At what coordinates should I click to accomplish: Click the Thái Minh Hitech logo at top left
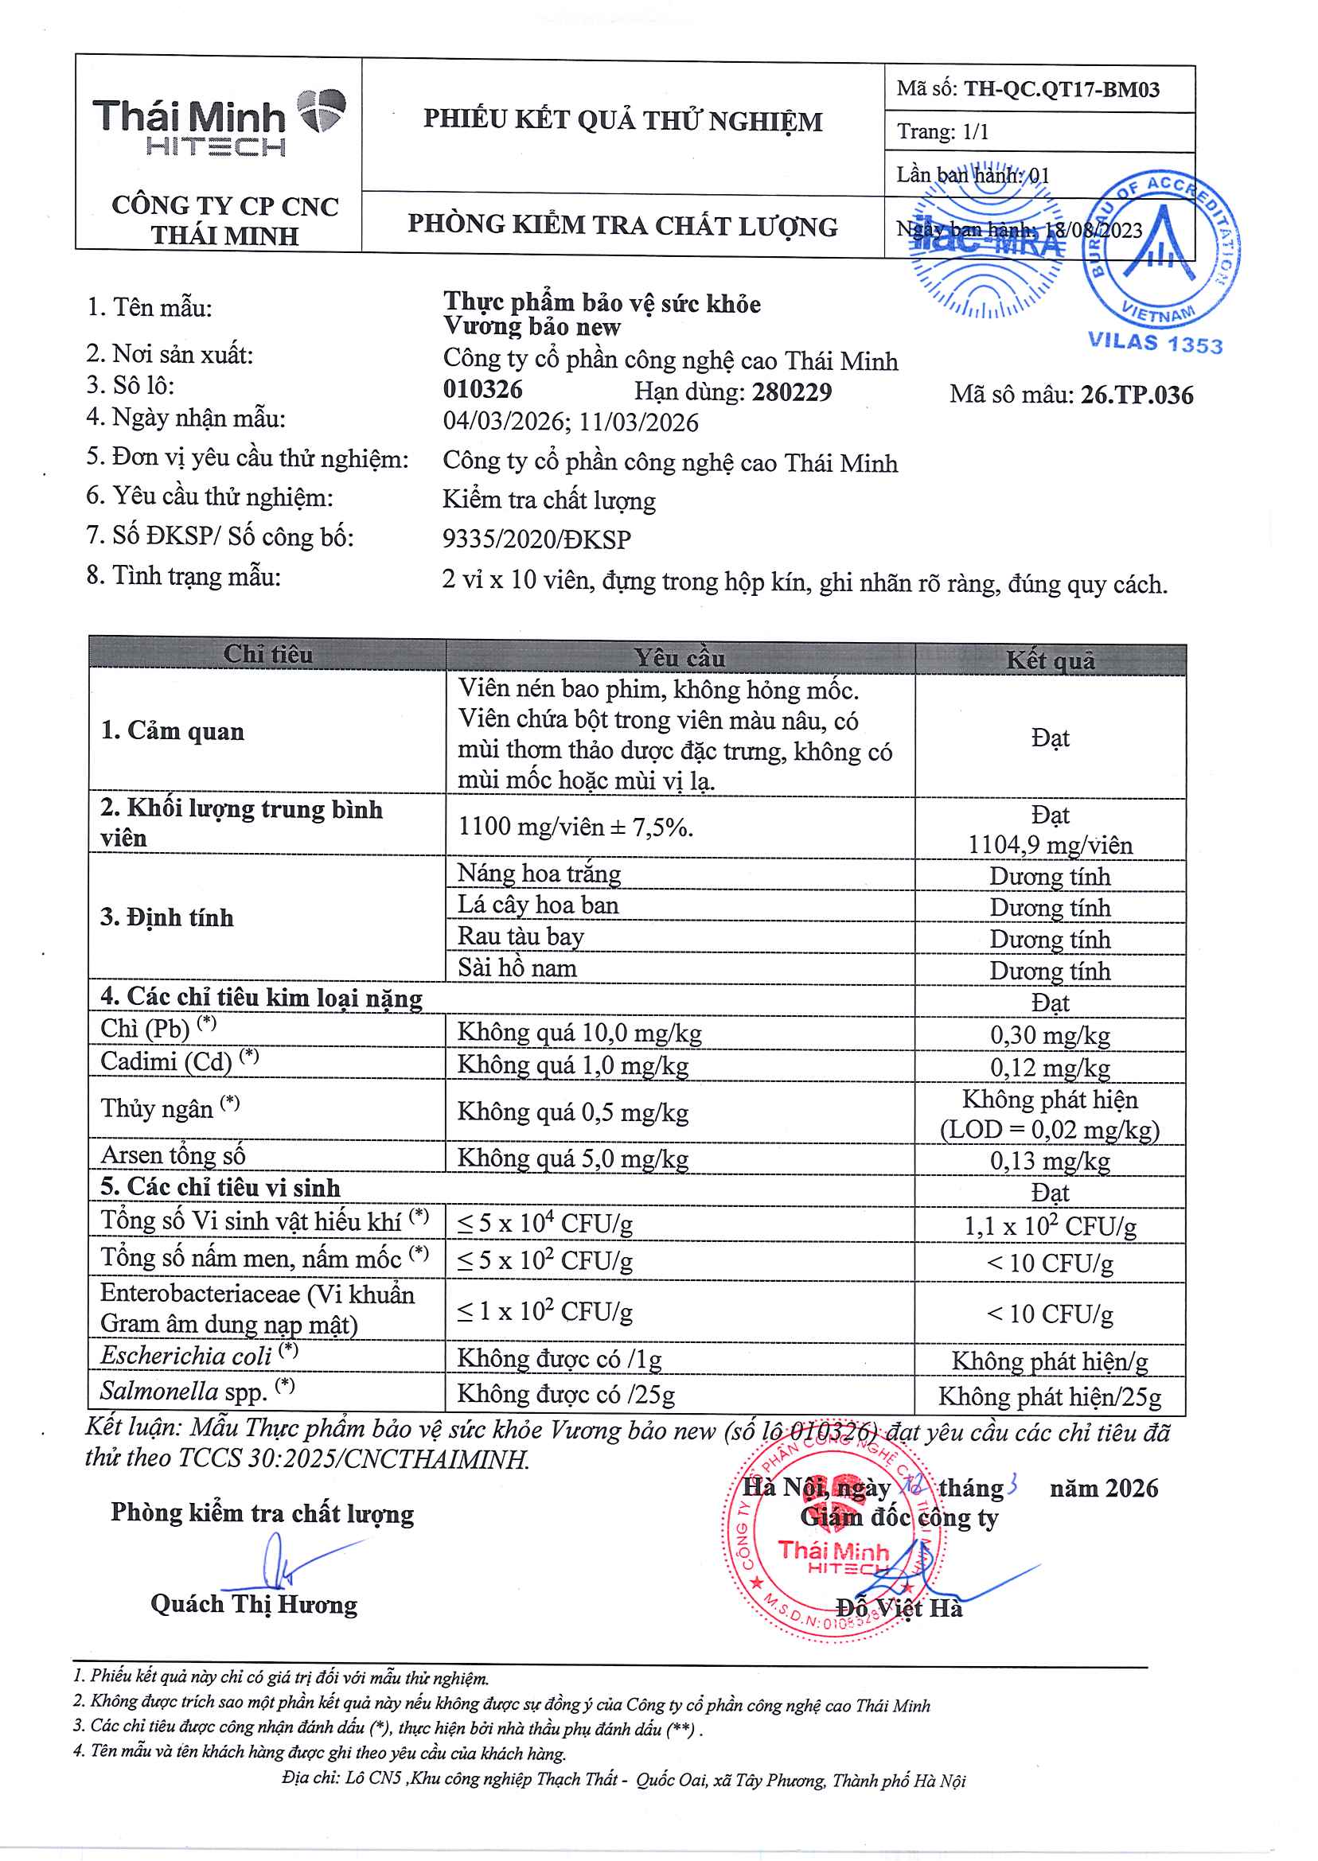click(x=217, y=123)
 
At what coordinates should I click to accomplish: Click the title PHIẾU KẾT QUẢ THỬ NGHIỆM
click(x=622, y=121)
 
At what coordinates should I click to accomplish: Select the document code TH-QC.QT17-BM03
click(x=1061, y=89)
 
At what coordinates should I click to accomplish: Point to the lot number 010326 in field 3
click(x=483, y=389)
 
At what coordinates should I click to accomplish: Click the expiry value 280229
click(x=791, y=391)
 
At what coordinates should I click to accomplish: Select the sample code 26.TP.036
click(x=1137, y=395)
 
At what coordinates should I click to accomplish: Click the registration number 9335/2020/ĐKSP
click(x=536, y=539)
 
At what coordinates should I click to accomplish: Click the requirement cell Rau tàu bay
click(x=521, y=936)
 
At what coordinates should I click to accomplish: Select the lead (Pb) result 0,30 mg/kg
click(x=1049, y=1035)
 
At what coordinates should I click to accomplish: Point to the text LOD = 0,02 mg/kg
click(x=1049, y=1130)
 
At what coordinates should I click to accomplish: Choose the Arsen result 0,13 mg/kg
click(x=1049, y=1161)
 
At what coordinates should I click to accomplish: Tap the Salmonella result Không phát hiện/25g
click(x=1049, y=1397)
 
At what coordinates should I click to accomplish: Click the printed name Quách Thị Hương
click(x=253, y=1605)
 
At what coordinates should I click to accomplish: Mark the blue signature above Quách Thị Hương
click(x=284, y=1563)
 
